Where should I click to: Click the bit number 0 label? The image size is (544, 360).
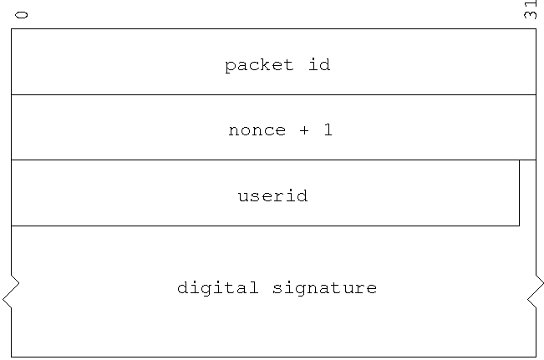(22, 15)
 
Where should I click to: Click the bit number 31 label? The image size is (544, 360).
(531, 10)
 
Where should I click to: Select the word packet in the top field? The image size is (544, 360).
(259, 65)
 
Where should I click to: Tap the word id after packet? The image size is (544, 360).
(319, 64)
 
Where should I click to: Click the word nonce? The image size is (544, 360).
(257, 130)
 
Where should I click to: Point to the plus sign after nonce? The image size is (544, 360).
(304, 130)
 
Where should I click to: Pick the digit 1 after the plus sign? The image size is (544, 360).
(328, 129)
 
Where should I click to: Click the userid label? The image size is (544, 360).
(272, 195)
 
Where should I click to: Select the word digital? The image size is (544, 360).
(218, 288)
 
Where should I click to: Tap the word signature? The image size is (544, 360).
(325, 288)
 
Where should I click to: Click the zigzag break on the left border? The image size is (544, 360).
(11, 292)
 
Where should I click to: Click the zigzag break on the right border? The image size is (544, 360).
(536, 292)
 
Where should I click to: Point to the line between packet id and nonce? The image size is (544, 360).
(273, 94)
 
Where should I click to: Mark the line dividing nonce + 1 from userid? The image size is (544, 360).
(273, 160)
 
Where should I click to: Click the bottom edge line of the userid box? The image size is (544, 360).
(266, 226)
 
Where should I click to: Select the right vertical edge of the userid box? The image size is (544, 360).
(520, 193)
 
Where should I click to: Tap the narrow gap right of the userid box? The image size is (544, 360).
(527, 193)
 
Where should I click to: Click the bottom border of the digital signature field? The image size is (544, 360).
(273, 357)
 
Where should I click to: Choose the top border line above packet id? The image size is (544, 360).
(273, 28)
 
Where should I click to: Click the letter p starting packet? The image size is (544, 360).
(230, 67)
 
